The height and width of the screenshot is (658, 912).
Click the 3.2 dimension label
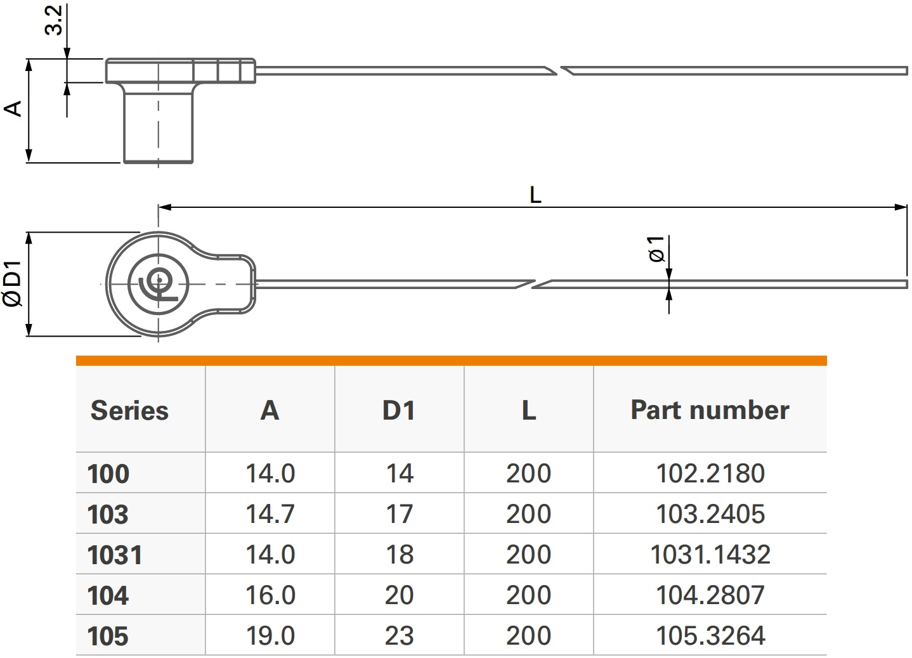coord(53,20)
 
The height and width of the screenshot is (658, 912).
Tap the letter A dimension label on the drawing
coord(13,108)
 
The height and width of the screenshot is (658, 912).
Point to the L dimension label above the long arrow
coord(535,195)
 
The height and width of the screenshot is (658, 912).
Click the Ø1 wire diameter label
coord(656,248)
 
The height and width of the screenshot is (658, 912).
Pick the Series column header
coord(129,410)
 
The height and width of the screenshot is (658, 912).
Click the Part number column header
coord(710,410)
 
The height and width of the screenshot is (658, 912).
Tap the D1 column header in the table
coord(399,410)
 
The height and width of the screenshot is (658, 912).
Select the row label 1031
coord(115,555)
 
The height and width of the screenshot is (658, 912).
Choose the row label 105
coord(108,636)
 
